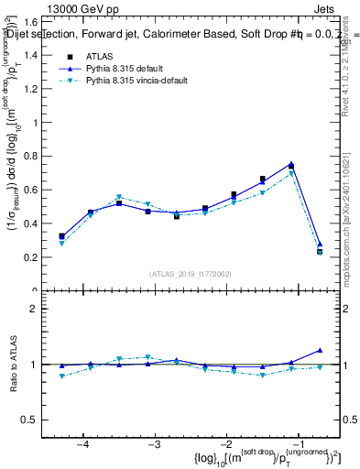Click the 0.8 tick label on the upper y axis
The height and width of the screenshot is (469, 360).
(34, 156)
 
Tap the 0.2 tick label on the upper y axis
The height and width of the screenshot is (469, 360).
(34, 257)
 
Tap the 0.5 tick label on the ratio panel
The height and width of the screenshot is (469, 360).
(34, 420)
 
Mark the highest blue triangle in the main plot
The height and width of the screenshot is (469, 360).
(290, 164)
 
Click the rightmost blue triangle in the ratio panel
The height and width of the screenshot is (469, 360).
(319, 350)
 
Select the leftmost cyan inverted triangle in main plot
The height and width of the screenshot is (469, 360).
(61, 244)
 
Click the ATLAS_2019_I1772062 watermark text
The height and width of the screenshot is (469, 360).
(189, 273)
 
